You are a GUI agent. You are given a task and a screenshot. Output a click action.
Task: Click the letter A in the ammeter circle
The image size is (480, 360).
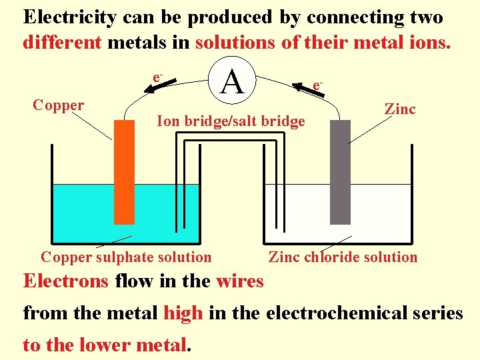[x=232, y=83]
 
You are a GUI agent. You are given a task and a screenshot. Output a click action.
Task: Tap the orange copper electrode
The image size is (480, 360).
[x=124, y=172]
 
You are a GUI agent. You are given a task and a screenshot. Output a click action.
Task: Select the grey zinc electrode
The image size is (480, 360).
[x=340, y=172]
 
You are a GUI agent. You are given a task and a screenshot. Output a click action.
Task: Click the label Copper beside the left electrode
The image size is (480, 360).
[x=59, y=105]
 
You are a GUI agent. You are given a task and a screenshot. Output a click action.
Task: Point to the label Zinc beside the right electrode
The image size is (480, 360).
[x=400, y=109]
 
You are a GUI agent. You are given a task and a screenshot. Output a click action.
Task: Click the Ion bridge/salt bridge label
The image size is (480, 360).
[x=230, y=121]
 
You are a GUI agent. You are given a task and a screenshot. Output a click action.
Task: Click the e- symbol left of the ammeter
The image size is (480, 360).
[x=157, y=78]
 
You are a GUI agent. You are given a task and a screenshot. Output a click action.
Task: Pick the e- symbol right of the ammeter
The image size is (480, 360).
[x=318, y=85]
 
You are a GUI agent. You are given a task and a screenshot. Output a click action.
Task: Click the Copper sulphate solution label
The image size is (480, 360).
[x=126, y=257]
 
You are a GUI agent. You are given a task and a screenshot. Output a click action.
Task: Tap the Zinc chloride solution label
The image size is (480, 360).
[x=343, y=257]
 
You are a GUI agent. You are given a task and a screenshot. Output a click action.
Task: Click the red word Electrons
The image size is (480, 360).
[x=66, y=281]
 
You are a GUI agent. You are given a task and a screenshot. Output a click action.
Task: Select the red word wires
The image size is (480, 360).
[x=240, y=281]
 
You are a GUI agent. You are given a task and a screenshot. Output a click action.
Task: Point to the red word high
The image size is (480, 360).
[x=183, y=313]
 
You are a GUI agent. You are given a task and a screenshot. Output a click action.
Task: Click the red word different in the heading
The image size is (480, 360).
[x=62, y=43]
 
